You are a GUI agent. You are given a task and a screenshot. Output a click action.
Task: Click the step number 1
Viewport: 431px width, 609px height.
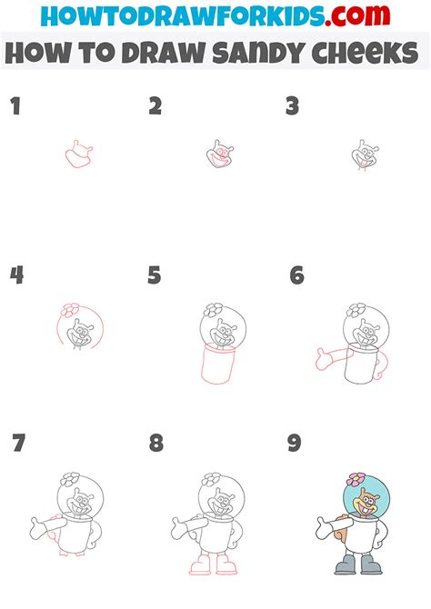[15, 106]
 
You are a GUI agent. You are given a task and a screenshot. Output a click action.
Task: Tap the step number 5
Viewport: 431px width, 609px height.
[155, 275]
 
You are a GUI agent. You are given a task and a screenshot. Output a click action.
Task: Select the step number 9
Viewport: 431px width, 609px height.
[295, 443]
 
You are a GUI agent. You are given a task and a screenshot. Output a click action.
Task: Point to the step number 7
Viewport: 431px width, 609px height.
[19, 443]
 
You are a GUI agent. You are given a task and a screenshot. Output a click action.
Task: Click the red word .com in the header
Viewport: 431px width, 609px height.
[357, 15]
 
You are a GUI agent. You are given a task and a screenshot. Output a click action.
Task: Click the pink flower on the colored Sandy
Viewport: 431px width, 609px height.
[356, 479]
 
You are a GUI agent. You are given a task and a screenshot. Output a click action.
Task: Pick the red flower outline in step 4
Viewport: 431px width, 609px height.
[70, 310]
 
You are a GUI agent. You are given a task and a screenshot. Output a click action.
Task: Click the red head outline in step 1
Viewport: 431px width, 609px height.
[79, 155]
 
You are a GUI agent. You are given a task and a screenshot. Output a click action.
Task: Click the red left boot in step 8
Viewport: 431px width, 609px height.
[200, 564]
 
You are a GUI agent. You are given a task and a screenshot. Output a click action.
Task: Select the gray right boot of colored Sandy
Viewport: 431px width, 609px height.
[371, 564]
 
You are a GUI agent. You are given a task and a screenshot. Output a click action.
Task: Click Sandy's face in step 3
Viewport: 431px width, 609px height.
[365, 155]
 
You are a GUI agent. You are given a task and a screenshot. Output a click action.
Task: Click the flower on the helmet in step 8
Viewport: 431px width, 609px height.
[212, 479]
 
